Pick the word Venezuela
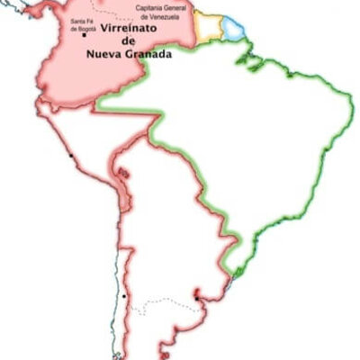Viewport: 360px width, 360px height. click(x=169, y=15)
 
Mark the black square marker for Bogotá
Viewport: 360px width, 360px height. click(x=84, y=35)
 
